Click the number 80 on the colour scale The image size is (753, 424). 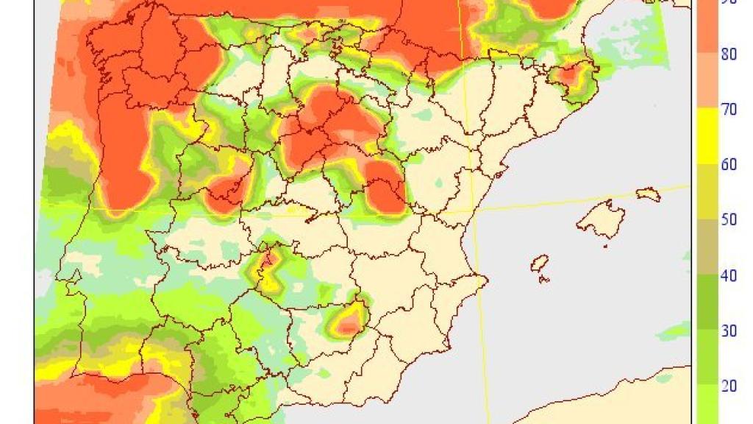(728, 54)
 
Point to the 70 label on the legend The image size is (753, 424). (728, 109)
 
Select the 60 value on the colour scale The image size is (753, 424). (728, 164)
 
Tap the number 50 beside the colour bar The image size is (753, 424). (728, 219)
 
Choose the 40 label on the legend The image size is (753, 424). (728, 275)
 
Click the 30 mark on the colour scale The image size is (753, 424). (728, 331)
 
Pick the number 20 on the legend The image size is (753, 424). (728, 385)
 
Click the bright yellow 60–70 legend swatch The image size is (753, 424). (706, 136)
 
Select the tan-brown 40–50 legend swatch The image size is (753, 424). (706, 247)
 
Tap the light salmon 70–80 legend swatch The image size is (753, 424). (706, 81)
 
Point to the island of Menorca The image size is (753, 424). (648, 194)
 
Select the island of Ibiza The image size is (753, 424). (540, 264)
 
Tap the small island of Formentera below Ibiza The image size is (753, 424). (543, 279)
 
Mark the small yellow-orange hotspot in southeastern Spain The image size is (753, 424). (347, 322)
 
